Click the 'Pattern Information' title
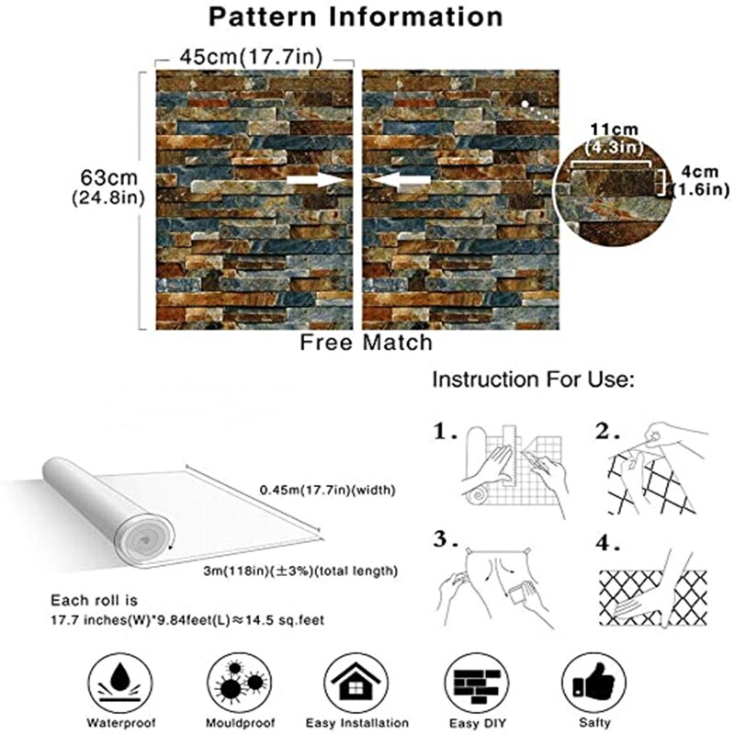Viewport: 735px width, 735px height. (356, 17)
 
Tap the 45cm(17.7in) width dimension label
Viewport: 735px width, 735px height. (252, 57)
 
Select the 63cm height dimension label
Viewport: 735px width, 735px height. (108, 187)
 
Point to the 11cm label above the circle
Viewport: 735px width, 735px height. (614, 130)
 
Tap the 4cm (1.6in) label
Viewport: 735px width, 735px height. (700, 181)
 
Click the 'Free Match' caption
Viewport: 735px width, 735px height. (366, 343)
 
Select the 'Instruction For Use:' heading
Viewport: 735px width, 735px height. (533, 379)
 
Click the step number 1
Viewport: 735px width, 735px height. (444, 431)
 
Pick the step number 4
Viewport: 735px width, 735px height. (608, 543)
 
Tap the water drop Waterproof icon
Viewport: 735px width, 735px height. (120, 684)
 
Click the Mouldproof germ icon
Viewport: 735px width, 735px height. (240, 684)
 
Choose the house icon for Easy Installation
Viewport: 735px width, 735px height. (356, 684)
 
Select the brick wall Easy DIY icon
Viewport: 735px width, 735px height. (477, 684)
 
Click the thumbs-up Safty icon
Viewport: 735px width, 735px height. (594, 684)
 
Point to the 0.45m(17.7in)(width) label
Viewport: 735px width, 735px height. (328, 491)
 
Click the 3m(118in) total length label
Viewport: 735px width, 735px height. (300, 571)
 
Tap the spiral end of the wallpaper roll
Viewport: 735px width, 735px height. (144, 540)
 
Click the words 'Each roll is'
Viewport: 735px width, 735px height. (95, 601)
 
